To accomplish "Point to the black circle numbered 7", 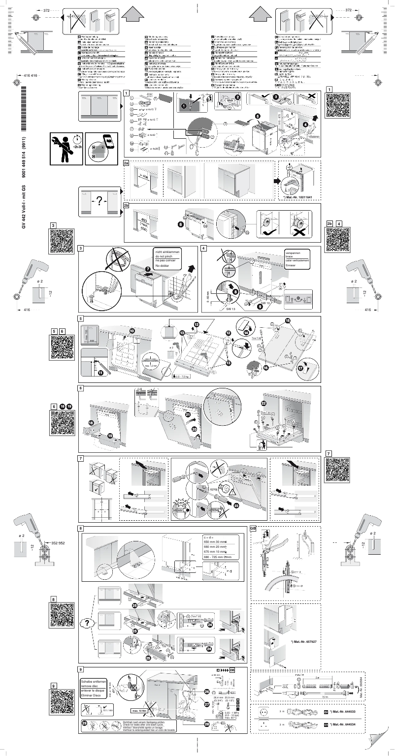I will (148, 269).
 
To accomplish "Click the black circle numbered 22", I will (264, 403).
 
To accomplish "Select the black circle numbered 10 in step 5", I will (132, 331).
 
